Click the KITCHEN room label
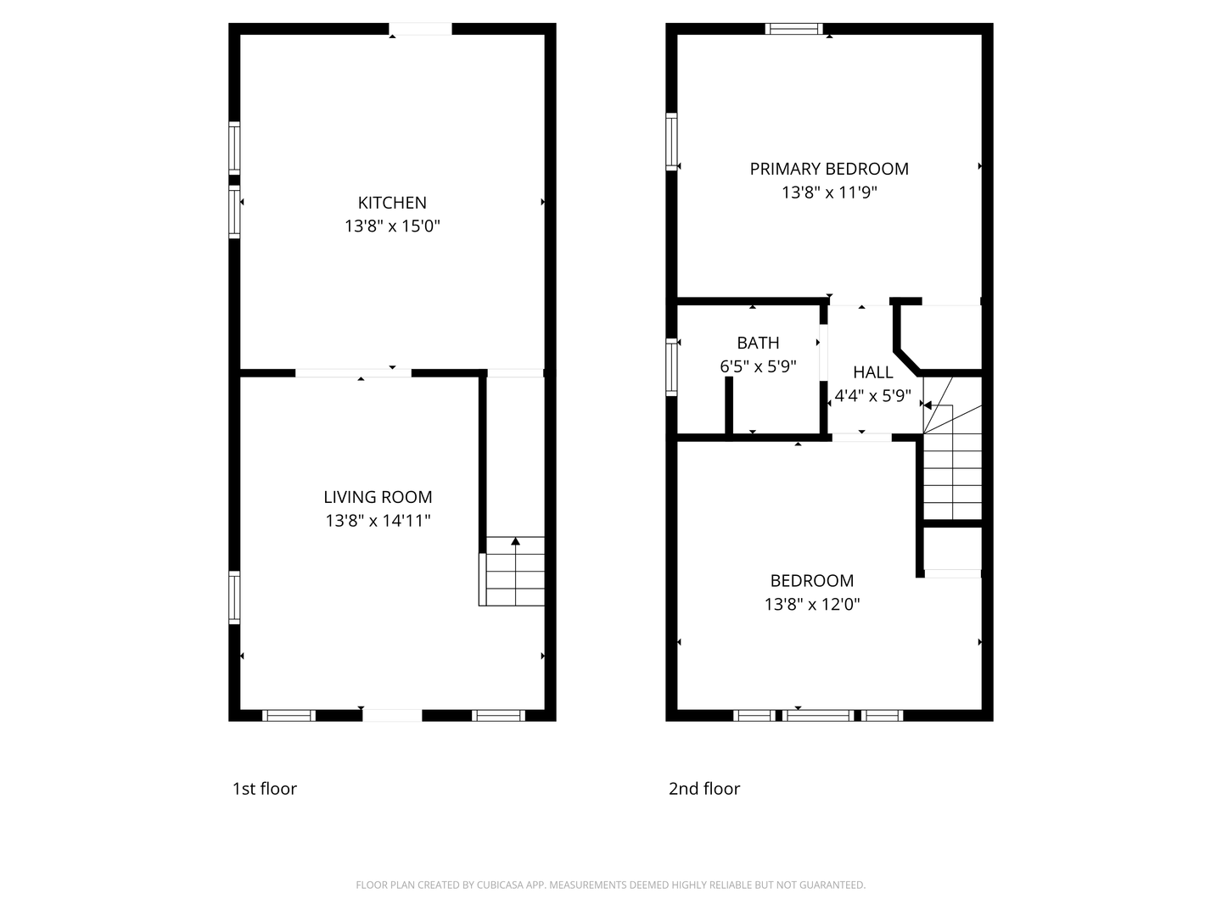tap(392, 203)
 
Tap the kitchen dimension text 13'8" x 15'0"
tap(392, 226)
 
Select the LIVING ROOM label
tap(378, 497)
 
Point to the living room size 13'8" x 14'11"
tap(378, 521)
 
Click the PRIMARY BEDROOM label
tap(829, 169)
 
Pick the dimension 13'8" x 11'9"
tap(829, 193)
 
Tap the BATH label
tap(758, 343)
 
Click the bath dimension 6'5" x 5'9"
tap(758, 366)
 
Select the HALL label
tap(873, 372)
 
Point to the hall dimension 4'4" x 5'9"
tap(872, 396)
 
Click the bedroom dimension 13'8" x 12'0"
tap(812, 604)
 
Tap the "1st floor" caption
tap(265, 789)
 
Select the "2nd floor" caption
tap(704, 789)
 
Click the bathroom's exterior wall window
tap(671, 367)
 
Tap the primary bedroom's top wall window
tap(793, 29)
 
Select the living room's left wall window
tap(234, 597)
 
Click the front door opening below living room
tap(392, 715)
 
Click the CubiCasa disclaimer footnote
tap(611, 885)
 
